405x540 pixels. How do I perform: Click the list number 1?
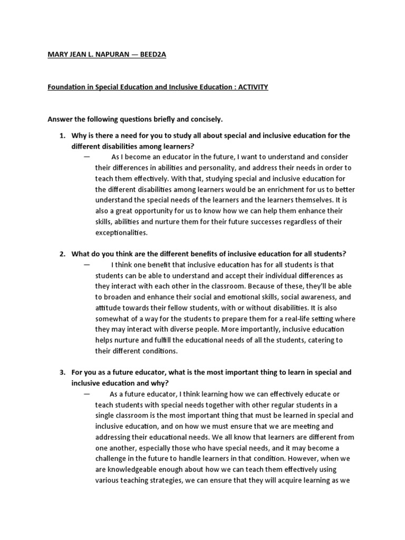pos(62,136)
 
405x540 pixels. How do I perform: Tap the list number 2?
pos(62,254)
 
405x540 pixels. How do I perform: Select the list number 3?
pos(62,372)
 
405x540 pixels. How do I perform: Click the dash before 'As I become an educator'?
pos(86,157)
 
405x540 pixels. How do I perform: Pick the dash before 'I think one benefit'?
pos(86,264)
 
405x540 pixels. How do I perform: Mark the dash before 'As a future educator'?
pos(86,393)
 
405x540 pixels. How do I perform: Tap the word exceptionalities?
pos(121,232)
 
